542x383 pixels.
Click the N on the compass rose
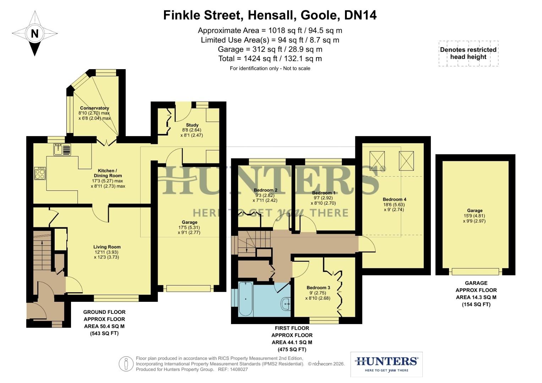[34, 34]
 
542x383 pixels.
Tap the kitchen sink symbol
[62, 149]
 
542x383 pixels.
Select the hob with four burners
[40, 174]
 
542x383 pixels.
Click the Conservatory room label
[94, 108]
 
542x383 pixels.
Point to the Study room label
[192, 125]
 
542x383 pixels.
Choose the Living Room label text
[107, 247]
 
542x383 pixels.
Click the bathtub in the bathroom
[246, 299]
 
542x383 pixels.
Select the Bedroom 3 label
[318, 288]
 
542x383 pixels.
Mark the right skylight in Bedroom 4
[406, 160]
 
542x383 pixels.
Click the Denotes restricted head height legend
[468, 53]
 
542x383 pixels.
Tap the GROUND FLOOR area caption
[104, 322]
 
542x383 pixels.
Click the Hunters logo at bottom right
[386, 364]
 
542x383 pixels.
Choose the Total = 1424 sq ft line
[270, 59]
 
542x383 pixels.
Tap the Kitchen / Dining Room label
[108, 173]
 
